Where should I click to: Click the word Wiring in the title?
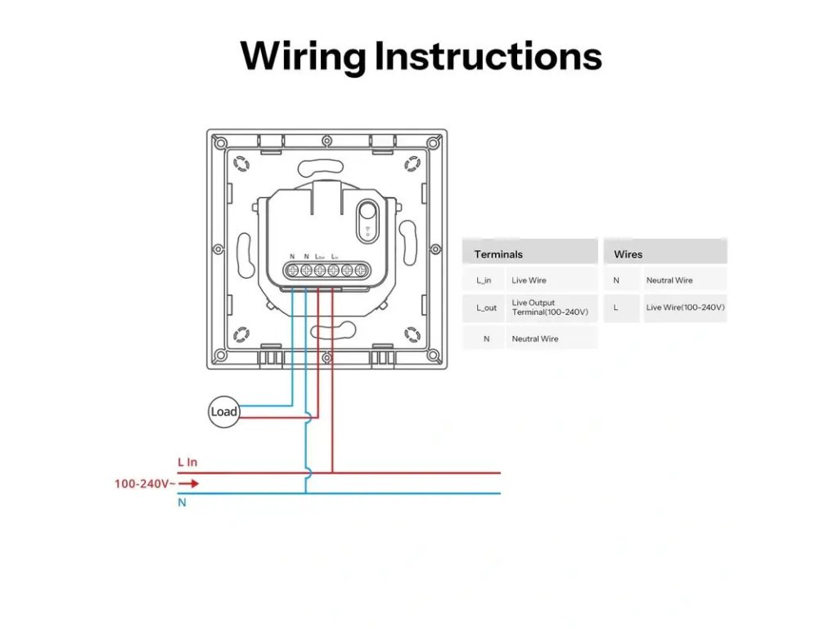[304, 56]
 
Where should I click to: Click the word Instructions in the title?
[489, 56]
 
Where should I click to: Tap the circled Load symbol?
[223, 411]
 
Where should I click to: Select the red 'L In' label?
[187, 462]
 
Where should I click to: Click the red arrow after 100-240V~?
[189, 483]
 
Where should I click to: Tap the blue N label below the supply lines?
[182, 503]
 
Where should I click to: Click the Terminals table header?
[498, 254]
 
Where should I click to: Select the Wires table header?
[628, 254]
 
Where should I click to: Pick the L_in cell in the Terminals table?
[484, 280]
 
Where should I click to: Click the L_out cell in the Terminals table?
[485, 307]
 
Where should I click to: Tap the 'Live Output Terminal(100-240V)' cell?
[543, 307]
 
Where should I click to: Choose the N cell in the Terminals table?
[486, 339]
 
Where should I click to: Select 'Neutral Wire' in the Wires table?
[669, 280]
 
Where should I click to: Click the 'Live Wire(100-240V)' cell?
[685, 307]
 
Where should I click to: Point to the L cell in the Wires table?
[615, 307]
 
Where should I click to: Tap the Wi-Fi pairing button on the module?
[367, 221]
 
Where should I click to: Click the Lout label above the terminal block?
[320, 257]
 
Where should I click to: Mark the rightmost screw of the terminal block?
[360, 271]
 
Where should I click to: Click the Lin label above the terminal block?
[335, 257]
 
